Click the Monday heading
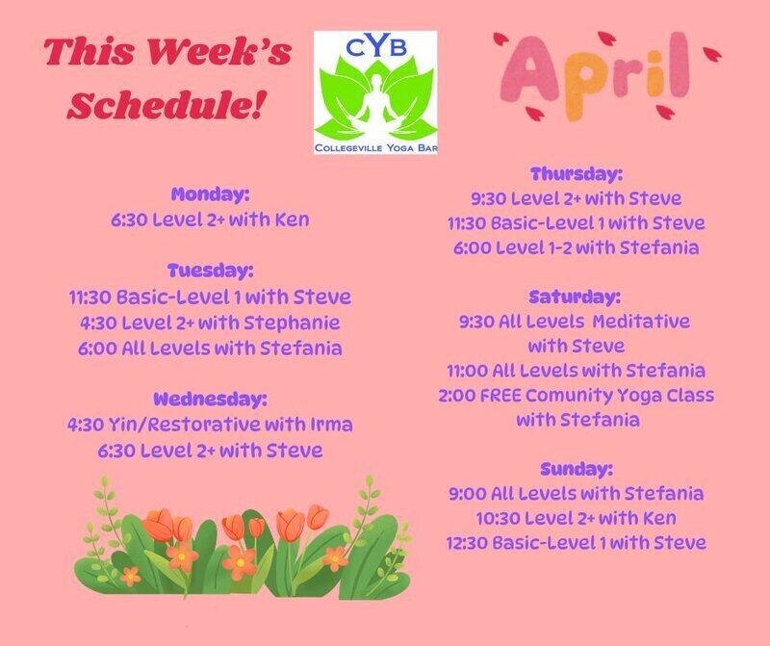210,194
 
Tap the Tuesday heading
210,271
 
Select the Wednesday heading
210,399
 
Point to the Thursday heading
577,174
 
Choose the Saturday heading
575,297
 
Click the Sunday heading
577,469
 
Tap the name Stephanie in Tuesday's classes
292,323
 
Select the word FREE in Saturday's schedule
500,396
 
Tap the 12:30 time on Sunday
466,543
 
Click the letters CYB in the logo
376,47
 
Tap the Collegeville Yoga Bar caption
376,148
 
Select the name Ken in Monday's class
292,220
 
